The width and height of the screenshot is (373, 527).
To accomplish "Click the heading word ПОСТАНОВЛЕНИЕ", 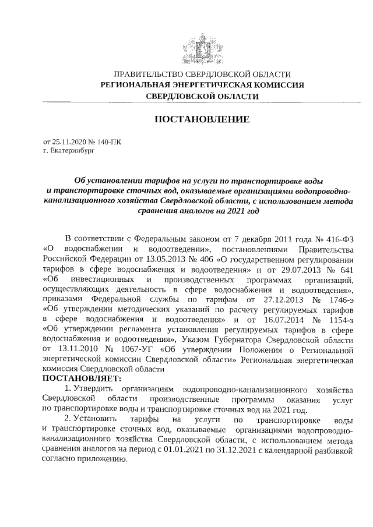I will click(201, 119).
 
